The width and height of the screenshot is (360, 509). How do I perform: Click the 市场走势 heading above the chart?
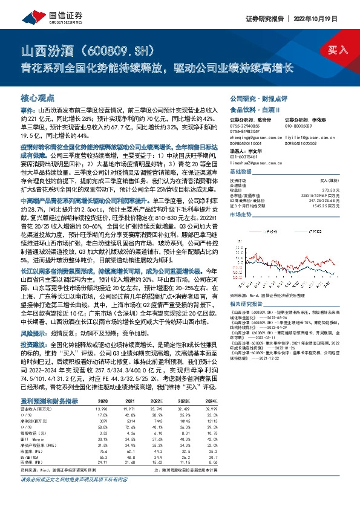241,214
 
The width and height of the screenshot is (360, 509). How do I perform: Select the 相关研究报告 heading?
246,304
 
